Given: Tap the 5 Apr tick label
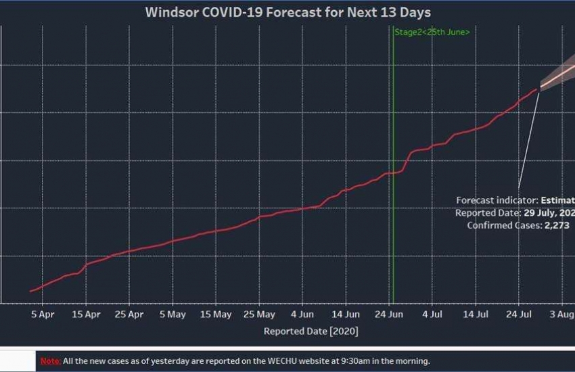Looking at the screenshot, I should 42,315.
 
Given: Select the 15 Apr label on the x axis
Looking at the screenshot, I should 86,315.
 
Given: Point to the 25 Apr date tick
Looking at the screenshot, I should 129,315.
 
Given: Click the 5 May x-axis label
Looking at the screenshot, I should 172,315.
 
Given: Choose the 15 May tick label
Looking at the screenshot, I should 216,315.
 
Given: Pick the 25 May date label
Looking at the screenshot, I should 260,315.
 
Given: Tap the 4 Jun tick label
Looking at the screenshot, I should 302,315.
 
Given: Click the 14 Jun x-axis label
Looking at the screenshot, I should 346,315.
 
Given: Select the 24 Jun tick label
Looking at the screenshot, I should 390,315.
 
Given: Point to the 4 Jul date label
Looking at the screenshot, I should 433,315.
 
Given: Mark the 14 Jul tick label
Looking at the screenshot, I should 477,315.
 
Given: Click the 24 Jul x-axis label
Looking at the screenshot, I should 520,315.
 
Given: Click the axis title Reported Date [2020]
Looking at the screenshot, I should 310,331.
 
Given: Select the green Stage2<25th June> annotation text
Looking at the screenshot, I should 432,32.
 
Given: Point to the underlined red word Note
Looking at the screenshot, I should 50,361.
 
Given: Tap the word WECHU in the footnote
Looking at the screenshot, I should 269,361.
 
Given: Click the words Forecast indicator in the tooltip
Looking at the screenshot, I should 495,200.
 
